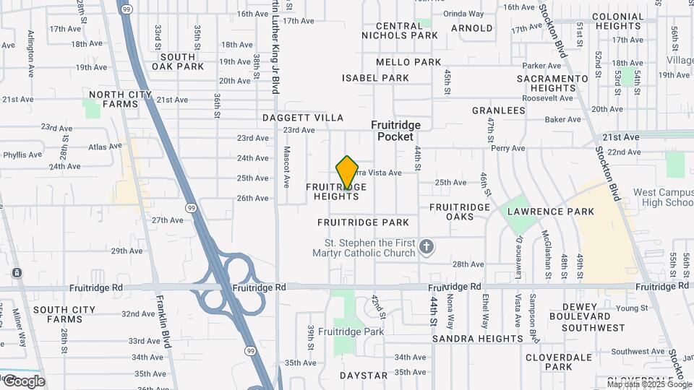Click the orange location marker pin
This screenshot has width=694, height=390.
point(347,173)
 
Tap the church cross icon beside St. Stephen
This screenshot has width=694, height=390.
point(427,248)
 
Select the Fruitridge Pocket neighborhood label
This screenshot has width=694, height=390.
point(395,131)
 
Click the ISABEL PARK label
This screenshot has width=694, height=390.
point(375,78)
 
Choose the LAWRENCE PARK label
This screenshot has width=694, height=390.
point(550,212)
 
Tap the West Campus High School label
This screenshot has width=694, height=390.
point(663,197)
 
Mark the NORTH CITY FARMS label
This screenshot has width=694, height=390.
point(113,99)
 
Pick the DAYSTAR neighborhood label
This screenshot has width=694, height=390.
point(364,376)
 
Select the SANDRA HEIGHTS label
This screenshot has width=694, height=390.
point(476,338)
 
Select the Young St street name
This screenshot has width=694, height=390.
point(633,308)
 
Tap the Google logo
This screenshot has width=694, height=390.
point(23,381)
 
